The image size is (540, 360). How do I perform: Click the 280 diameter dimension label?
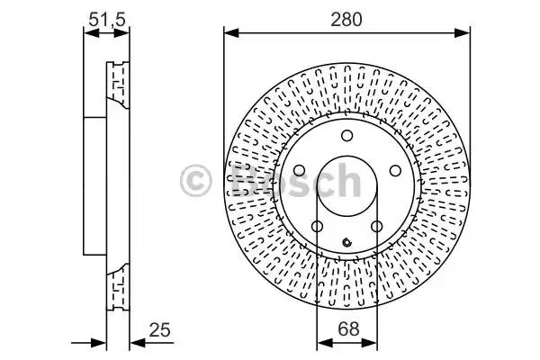(x=346, y=19)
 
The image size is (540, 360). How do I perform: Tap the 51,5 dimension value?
(x=107, y=19)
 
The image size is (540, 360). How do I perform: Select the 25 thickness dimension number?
(x=159, y=330)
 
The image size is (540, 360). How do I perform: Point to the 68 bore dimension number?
(x=348, y=329)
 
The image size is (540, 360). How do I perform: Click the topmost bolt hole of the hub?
(x=346, y=136)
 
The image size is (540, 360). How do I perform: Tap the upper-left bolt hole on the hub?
(x=299, y=170)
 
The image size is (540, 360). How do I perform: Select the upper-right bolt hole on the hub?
(x=395, y=170)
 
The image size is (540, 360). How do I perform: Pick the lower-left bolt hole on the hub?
(x=317, y=227)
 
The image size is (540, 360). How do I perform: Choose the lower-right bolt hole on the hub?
(x=377, y=227)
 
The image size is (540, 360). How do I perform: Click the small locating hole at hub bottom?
(x=347, y=242)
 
